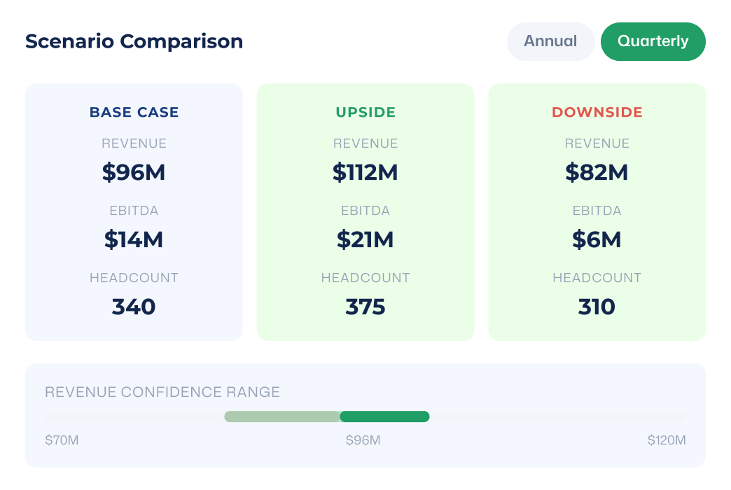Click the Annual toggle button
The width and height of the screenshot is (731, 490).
pyautogui.click(x=550, y=41)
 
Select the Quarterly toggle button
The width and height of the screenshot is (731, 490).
pyautogui.click(x=653, y=41)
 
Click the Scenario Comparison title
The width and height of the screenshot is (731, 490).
pyautogui.click(x=134, y=41)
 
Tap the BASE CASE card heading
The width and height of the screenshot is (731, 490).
pyautogui.click(x=134, y=112)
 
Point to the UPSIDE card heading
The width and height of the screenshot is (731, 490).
pyautogui.click(x=365, y=112)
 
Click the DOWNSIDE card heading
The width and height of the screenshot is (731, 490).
pyautogui.click(x=597, y=112)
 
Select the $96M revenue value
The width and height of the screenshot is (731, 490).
pyautogui.click(x=134, y=172)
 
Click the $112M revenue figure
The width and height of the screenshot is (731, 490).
pyautogui.click(x=365, y=172)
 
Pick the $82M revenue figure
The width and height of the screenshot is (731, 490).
pyautogui.click(x=597, y=172)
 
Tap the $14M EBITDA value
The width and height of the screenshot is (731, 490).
pyautogui.click(x=134, y=239)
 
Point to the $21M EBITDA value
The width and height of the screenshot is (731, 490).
pyautogui.click(x=365, y=239)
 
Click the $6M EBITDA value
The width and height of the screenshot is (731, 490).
pyautogui.click(x=597, y=239)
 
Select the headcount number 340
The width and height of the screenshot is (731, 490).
pyautogui.click(x=134, y=307)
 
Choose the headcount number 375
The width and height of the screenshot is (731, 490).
pyautogui.click(x=365, y=307)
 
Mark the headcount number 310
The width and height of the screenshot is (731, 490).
pyautogui.click(x=597, y=307)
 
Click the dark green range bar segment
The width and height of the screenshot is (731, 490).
pyautogui.click(x=384, y=416)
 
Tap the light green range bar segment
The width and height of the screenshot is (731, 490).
pyautogui.click(x=282, y=416)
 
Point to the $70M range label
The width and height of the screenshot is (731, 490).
pyautogui.click(x=62, y=440)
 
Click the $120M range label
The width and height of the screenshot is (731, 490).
pyautogui.click(x=667, y=440)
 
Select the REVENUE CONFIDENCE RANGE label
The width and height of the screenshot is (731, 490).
pyautogui.click(x=162, y=392)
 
